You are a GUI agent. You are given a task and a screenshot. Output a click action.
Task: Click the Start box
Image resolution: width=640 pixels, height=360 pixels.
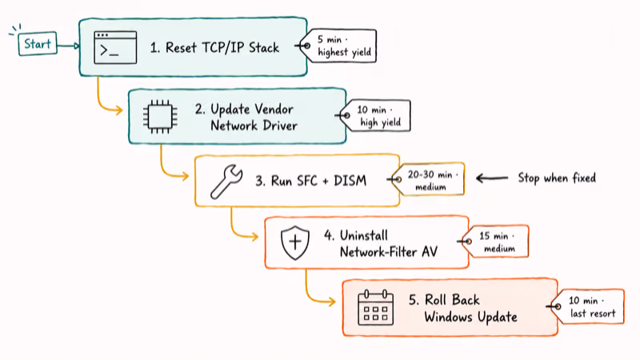(x=37, y=44)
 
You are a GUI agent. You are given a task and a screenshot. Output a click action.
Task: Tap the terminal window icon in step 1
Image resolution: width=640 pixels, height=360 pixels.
(x=115, y=47)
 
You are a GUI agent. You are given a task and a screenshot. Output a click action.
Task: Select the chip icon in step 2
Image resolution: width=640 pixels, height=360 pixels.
(x=160, y=117)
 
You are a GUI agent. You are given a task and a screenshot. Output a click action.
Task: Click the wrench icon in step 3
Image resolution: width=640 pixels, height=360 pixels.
(x=226, y=182)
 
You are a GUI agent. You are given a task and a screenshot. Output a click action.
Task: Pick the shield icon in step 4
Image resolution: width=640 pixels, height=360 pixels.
(x=294, y=242)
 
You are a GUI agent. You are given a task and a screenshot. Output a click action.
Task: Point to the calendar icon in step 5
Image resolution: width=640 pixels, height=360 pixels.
(x=375, y=307)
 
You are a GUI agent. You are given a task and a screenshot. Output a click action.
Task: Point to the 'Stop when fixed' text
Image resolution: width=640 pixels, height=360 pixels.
(x=557, y=178)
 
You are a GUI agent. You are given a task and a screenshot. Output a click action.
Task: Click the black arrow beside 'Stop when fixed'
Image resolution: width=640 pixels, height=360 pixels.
(x=492, y=178)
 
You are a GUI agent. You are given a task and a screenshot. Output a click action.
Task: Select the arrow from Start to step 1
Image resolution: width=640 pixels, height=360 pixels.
(x=68, y=46)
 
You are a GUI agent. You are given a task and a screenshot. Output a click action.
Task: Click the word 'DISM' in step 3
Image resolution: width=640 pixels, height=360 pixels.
(x=350, y=181)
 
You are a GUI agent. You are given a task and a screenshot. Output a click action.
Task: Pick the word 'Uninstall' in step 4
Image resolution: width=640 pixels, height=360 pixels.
(x=364, y=235)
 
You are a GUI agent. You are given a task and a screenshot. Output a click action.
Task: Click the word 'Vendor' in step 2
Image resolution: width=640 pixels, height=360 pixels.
(x=274, y=109)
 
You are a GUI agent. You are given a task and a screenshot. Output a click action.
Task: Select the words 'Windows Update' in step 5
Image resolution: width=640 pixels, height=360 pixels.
(x=470, y=317)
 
